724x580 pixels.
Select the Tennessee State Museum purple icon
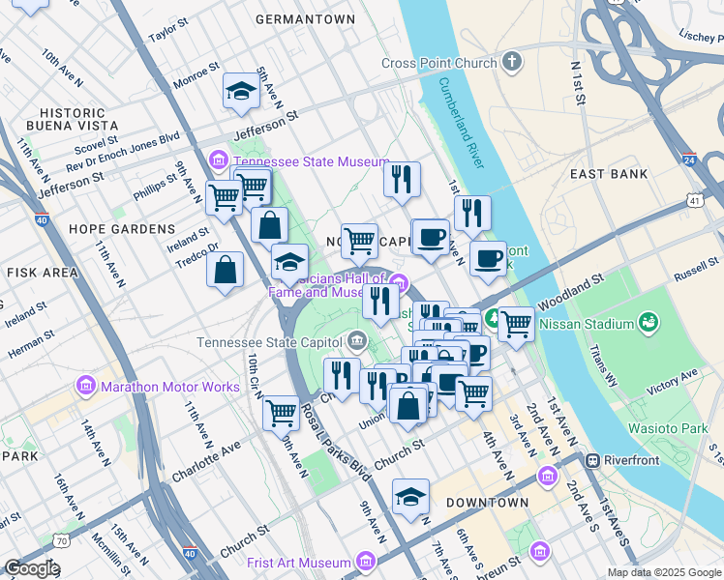(219, 160)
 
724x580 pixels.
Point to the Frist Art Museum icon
(365, 562)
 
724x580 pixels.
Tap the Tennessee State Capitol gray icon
(357, 341)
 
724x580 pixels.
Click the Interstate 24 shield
(688, 159)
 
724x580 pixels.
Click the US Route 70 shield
(62, 541)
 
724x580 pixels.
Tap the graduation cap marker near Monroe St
(241, 92)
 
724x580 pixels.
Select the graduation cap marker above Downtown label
(410, 498)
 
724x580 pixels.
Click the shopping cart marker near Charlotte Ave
(281, 412)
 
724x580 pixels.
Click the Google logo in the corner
(32, 568)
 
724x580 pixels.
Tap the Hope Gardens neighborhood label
(122, 229)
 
